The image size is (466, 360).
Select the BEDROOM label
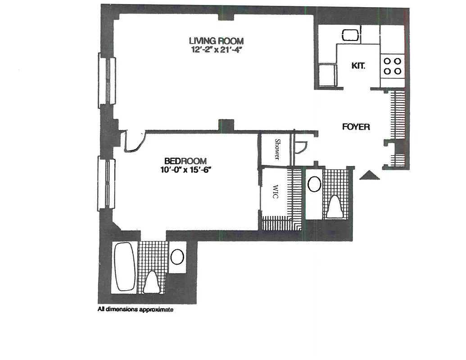(x=185, y=161)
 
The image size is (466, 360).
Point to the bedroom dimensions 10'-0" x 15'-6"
(x=185, y=170)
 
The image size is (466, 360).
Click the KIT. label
(x=358, y=66)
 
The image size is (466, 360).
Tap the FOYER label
(x=356, y=127)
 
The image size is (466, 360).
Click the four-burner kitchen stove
(x=392, y=66)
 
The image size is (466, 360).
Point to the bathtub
(x=124, y=267)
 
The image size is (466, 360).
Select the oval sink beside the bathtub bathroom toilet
(x=177, y=257)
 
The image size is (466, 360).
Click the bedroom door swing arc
(x=135, y=143)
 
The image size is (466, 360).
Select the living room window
(x=107, y=81)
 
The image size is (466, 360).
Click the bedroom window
(x=106, y=183)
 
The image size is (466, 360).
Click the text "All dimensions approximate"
(x=136, y=310)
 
